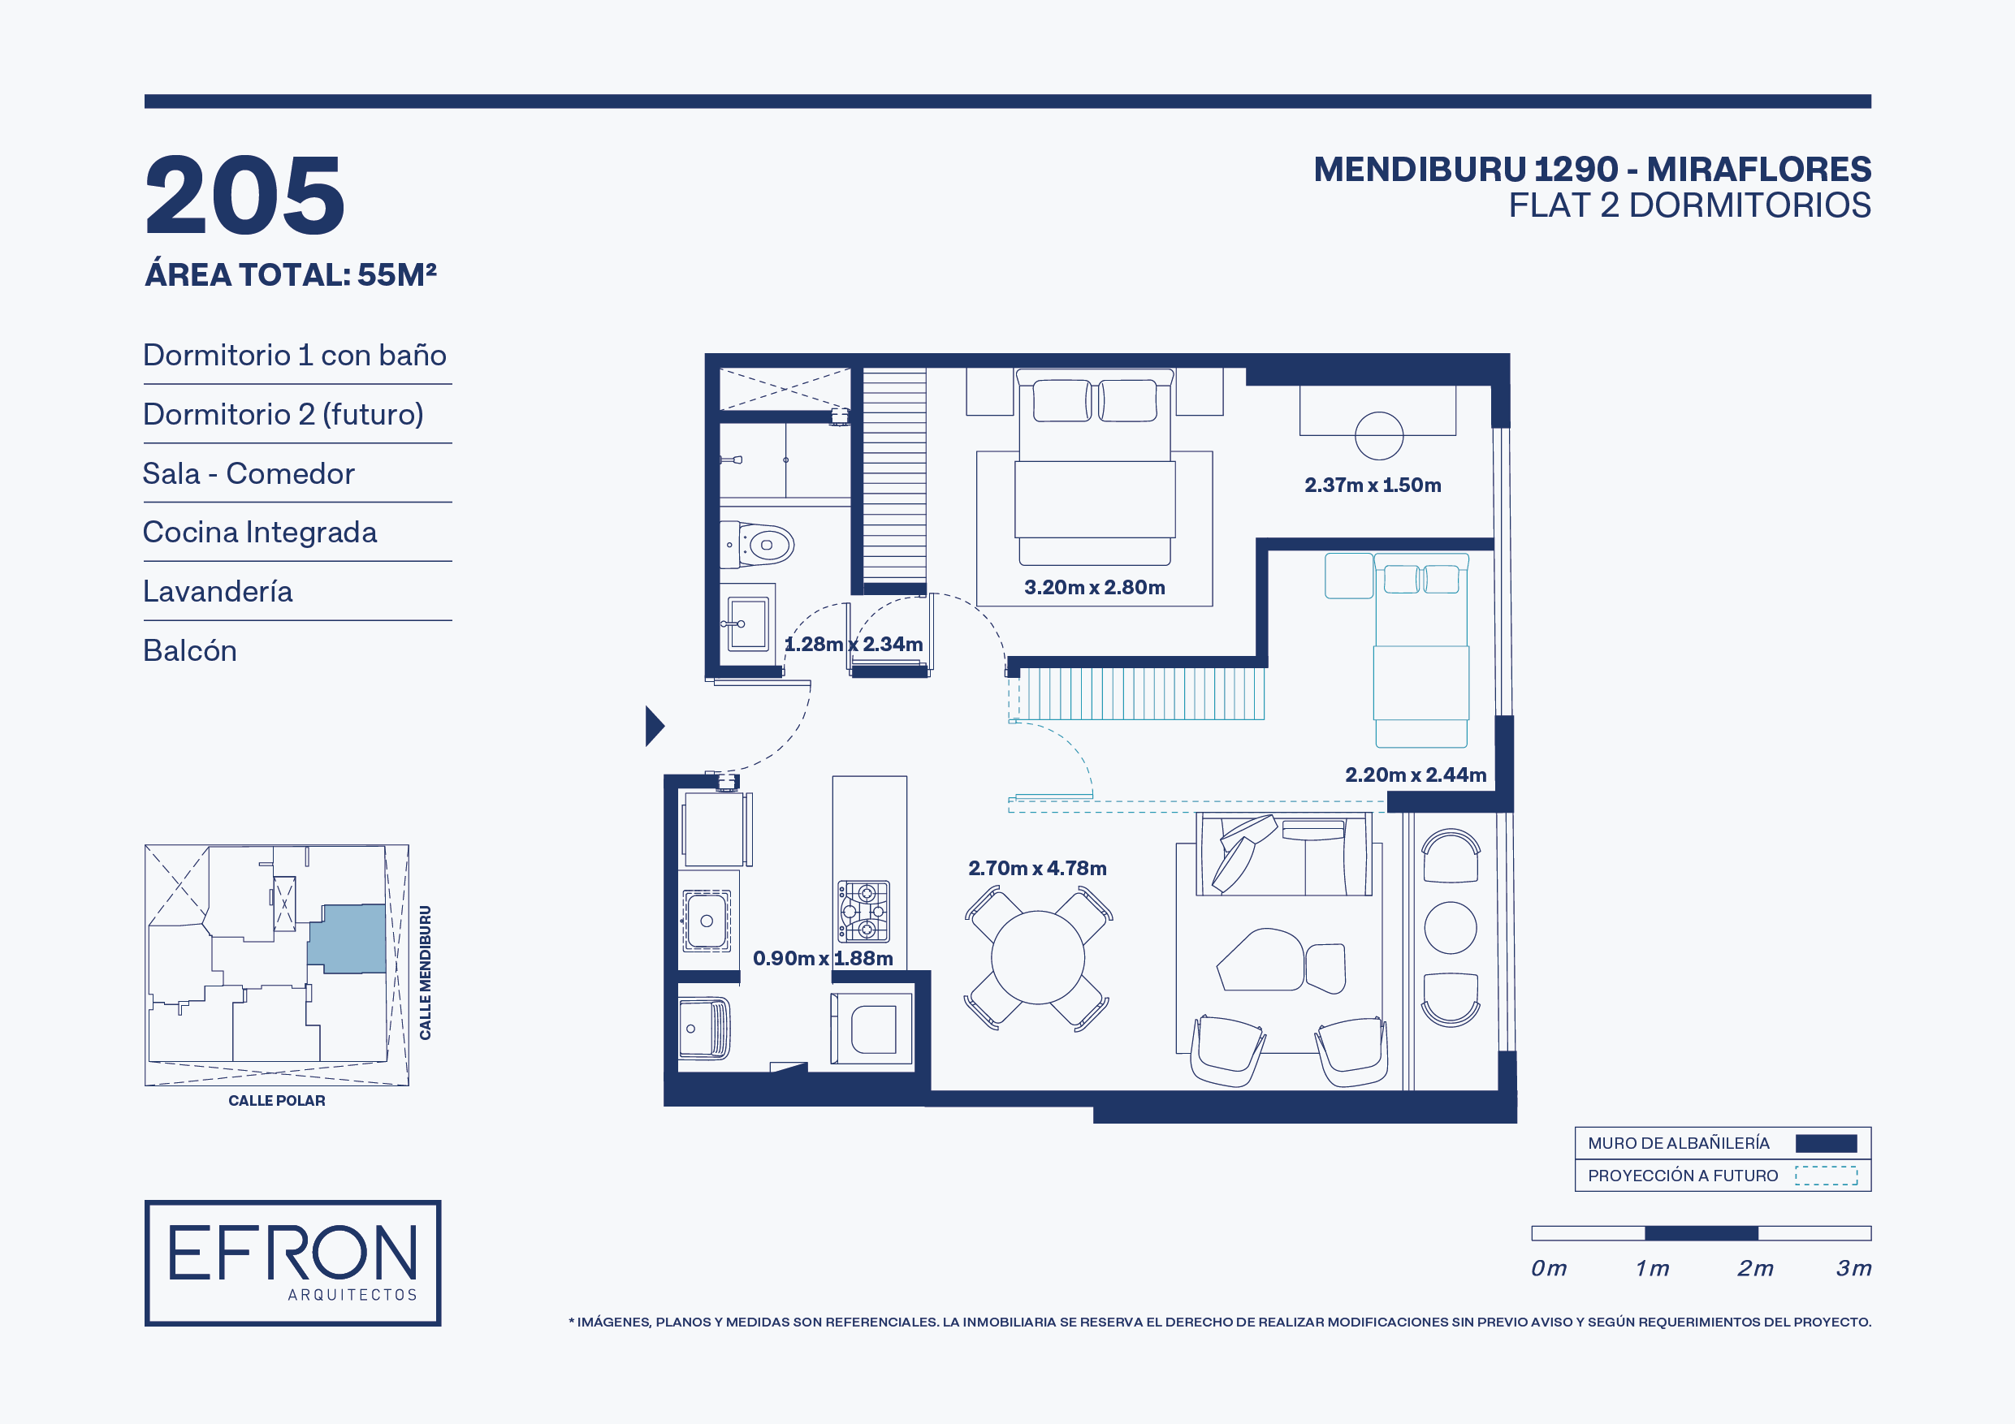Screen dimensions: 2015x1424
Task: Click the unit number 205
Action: [x=244, y=195]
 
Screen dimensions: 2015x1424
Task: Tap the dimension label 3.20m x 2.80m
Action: [x=1094, y=587]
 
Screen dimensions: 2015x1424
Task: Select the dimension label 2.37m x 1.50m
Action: [x=1373, y=485]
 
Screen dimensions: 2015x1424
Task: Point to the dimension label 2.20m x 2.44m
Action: [x=1416, y=775]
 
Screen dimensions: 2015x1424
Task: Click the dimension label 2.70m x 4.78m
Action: [x=1037, y=868]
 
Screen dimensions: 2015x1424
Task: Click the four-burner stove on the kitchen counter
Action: [x=864, y=912]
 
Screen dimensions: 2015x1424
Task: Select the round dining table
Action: [x=1037, y=957]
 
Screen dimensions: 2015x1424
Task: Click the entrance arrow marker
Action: [x=655, y=726]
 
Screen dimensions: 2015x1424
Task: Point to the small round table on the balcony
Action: [x=1450, y=927]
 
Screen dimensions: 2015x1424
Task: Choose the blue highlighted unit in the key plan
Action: [x=348, y=938]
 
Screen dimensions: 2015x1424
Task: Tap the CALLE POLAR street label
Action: [x=276, y=1100]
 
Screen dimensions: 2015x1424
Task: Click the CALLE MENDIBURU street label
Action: [x=425, y=972]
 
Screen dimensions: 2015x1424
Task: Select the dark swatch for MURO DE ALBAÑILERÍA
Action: [x=1826, y=1143]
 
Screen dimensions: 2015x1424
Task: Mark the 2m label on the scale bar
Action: [x=1755, y=1268]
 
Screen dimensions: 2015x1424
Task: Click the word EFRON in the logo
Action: [x=292, y=1253]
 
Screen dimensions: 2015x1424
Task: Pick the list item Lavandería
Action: [x=218, y=591]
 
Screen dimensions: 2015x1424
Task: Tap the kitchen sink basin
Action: [x=707, y=921]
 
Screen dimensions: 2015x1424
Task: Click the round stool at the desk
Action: [x=1379, y=435]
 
